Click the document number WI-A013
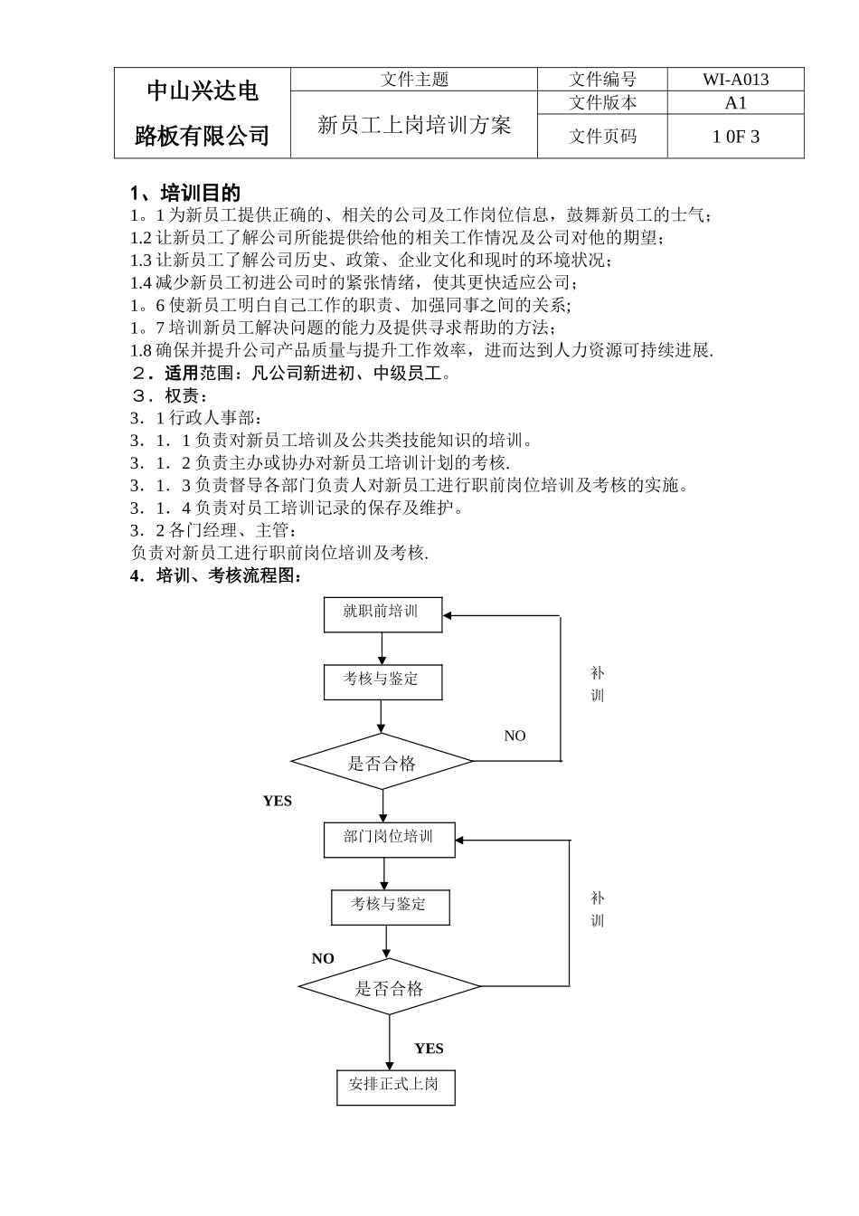(735, 80)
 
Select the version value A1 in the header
(735, 102)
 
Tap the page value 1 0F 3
(735, 137)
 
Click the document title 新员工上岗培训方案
(414, 125)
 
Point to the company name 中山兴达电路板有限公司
(203, 113)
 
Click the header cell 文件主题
(414, 80)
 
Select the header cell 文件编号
(602, 80)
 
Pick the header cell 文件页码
(602, 137)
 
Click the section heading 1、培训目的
(185, 193)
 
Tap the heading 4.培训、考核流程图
(216, 575)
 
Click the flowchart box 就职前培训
(382, 613)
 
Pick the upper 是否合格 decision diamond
(382, 762)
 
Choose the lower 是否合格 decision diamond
(389, 987)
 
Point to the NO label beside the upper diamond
(514, 736)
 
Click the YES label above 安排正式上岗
(429, 1049)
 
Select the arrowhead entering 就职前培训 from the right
(449, 615)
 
